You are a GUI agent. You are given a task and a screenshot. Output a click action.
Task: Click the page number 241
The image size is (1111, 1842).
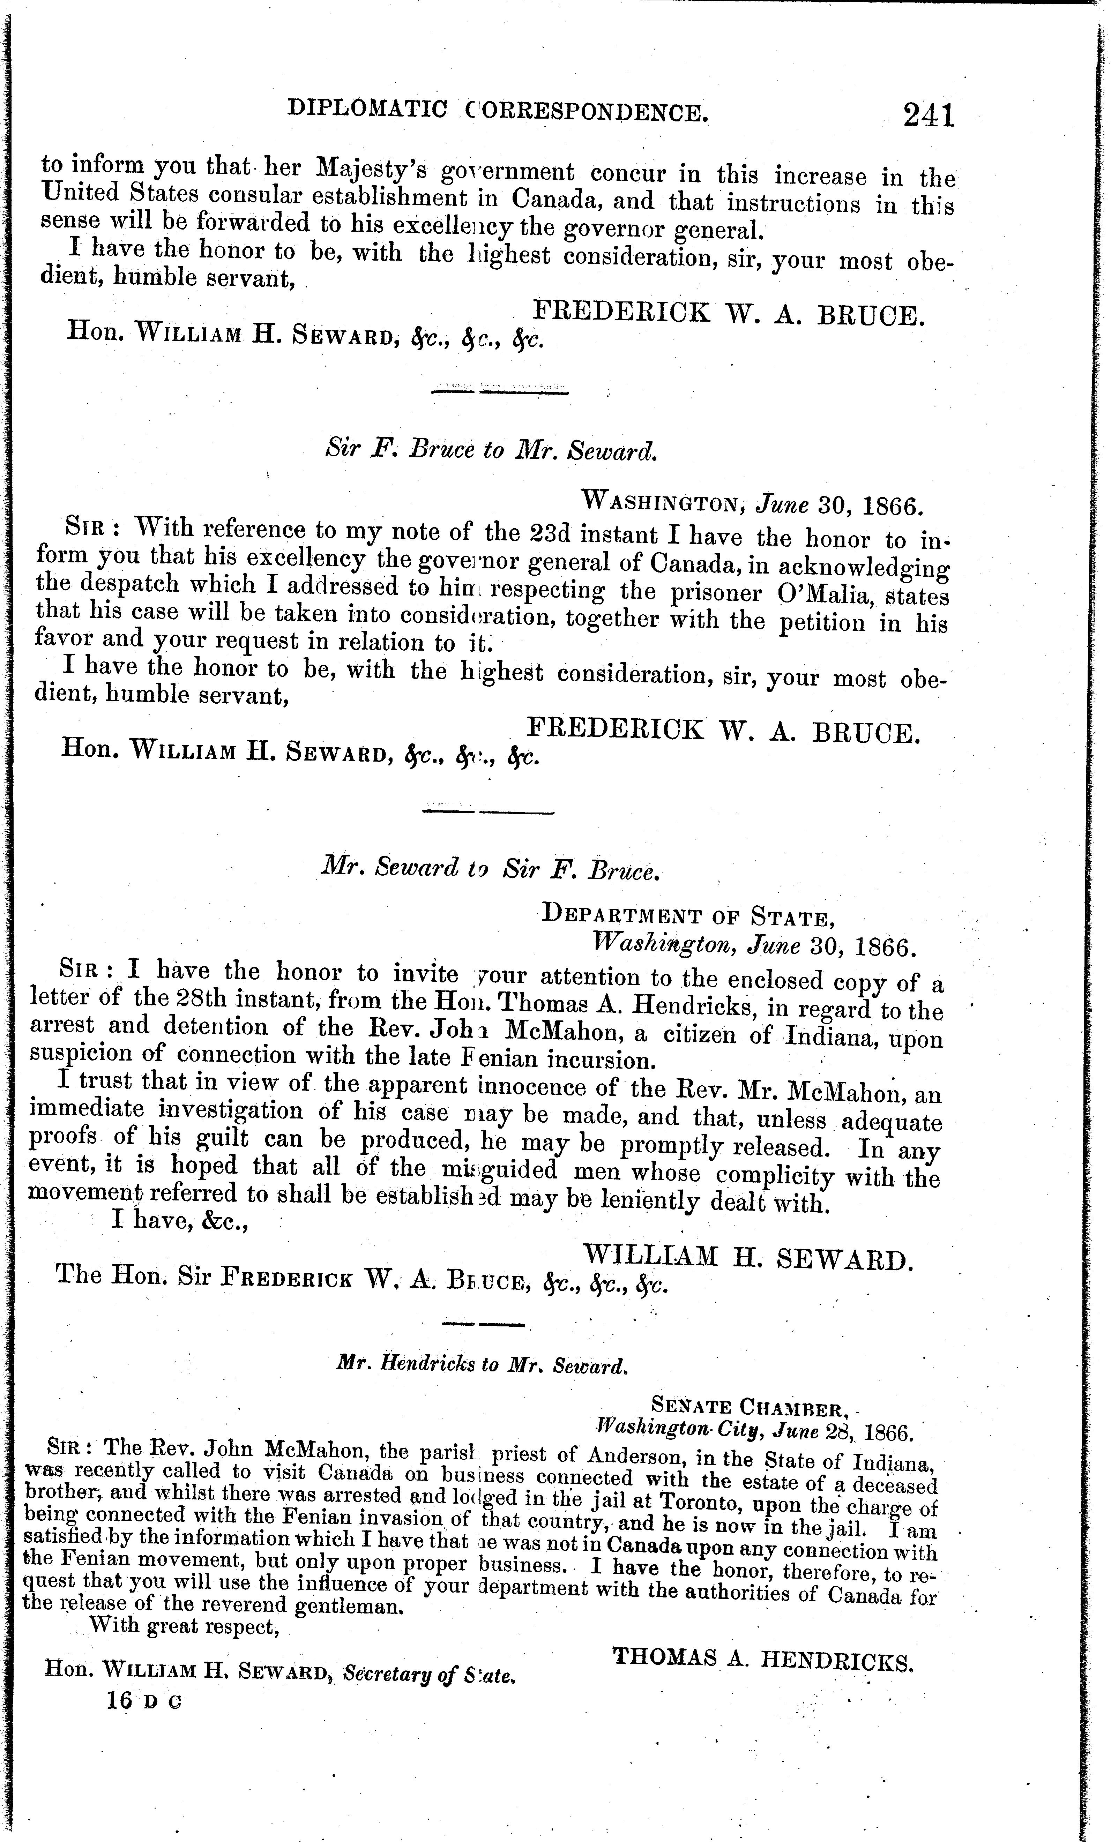[x=929, y=116]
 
